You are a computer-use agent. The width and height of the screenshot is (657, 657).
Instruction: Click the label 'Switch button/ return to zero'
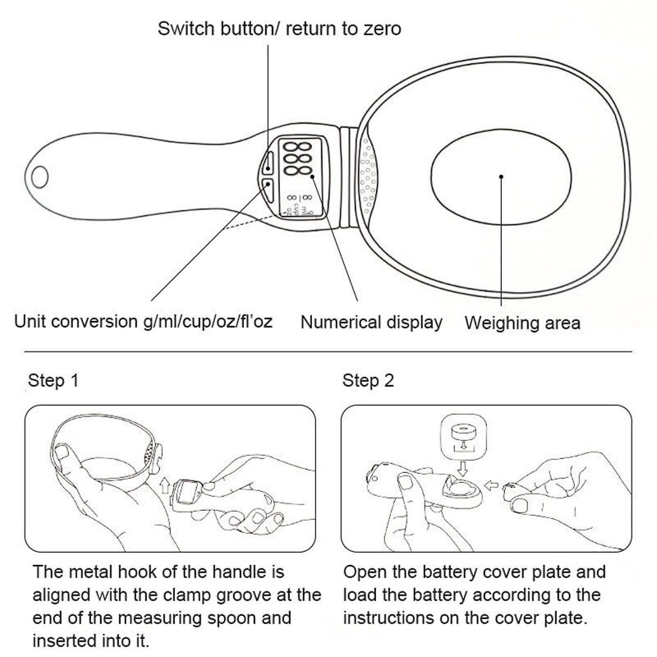point(279,30)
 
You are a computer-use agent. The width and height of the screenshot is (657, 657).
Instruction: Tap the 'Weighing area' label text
point(522,323)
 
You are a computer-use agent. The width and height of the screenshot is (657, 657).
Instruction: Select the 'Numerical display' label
point(371,322)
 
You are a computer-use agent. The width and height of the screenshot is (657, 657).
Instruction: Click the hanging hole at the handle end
point(40,175)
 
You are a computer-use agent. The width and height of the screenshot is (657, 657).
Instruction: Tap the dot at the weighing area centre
point(500,174)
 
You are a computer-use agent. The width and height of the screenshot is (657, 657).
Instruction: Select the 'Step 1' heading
point(54,381)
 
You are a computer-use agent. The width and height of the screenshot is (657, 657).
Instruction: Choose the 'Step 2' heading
point(369,381)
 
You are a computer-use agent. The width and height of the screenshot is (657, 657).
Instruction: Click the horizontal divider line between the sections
point(328,351)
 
